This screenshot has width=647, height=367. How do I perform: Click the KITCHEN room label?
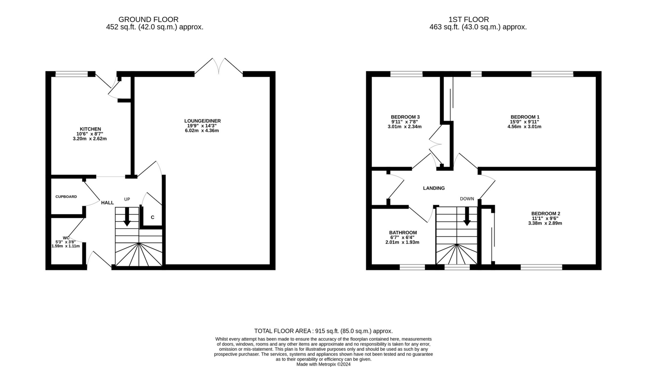coord(90,129)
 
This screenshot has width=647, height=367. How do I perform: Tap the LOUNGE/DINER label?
coord(202,121)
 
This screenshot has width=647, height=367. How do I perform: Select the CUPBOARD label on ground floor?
coord(66,197)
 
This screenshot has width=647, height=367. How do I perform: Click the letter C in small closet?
coord(152,217)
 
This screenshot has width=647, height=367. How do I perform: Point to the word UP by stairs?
coord(127,199)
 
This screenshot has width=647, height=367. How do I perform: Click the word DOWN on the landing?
coord(467,199)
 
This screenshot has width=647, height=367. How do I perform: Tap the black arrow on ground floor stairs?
coord(127,217)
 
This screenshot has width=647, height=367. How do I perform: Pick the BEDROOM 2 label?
coord(545,213)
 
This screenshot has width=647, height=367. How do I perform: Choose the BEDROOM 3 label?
coord(405,117)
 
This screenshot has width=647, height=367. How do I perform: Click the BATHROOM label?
coord(403,233)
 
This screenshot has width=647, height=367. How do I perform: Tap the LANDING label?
coord(434,188)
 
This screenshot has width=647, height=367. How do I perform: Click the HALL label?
coord(107,203)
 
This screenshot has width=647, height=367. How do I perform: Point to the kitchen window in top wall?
coord(71,74)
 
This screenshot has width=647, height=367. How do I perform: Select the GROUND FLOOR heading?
coord(148,19)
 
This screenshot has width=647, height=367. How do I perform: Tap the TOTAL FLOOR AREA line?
coord(323,331)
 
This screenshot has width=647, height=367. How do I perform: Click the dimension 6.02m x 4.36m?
coord(202,131)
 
